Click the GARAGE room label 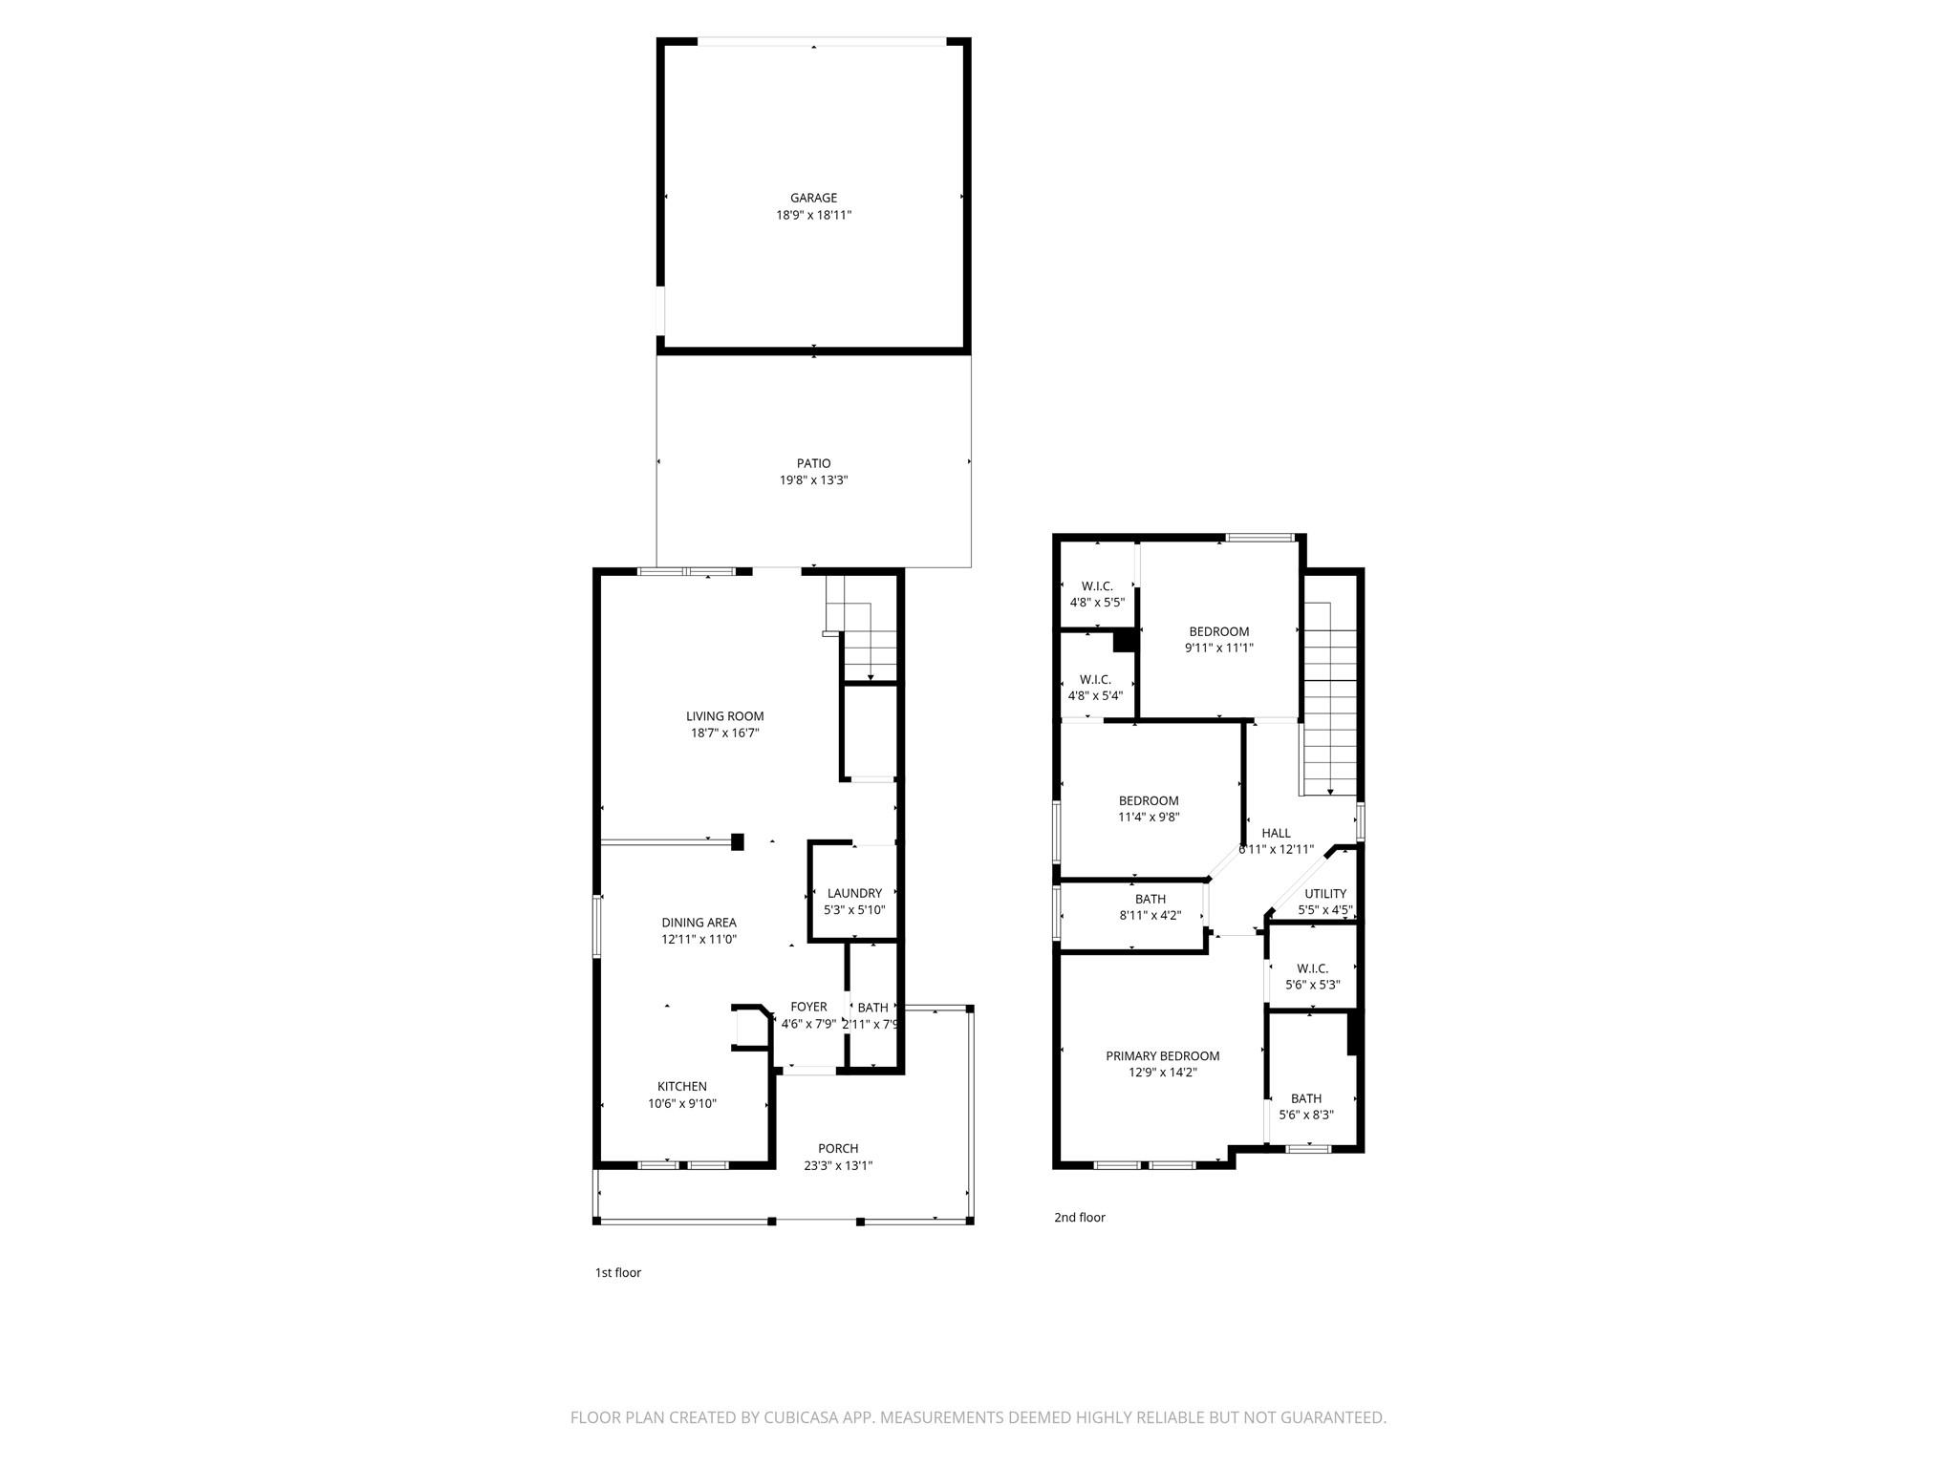coord(813,198)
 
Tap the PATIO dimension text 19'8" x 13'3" coord(813,480)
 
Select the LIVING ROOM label coord(724,716)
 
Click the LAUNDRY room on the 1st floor coord(854,894)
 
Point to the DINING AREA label coord(699,923)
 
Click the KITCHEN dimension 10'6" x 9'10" coord(681,1103)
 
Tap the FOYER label coord(808,1007)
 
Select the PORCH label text coord(837,1148)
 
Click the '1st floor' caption coord(617,1272)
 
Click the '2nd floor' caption coord(1079,1217)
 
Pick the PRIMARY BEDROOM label coord(1162,1055)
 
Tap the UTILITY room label coord(1324,894)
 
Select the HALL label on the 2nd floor coord(1276,833)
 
